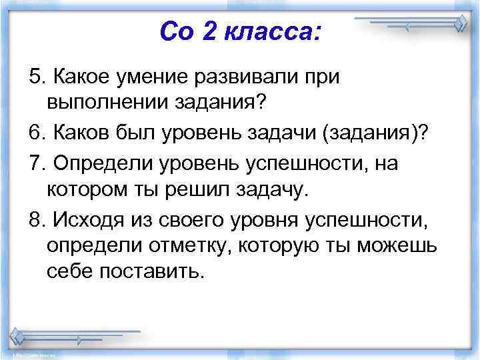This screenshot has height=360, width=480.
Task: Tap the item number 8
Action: pyautogui.click(x=34, y=218)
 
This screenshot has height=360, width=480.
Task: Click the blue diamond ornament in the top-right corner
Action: pyautogui.click(x=459, y=25)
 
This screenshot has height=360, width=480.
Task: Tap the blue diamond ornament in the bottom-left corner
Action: pyautogui.click(x=19, y=335)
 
